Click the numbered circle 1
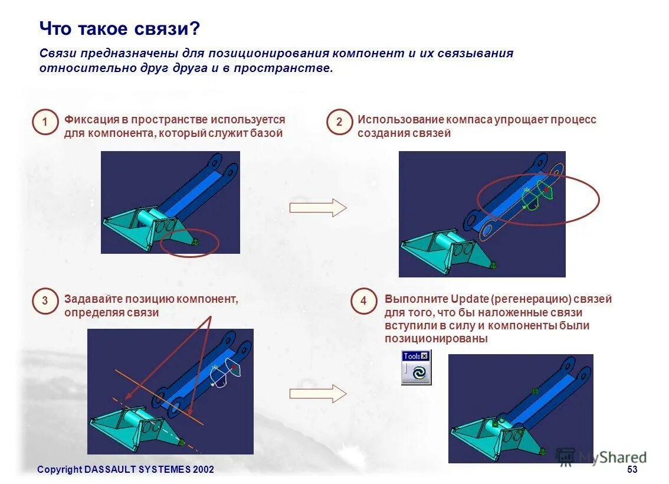tap(45, 122)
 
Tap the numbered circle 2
tap(339, 122)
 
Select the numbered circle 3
tap(45, 301)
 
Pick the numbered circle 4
tap(363, 301)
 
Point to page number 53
tap(632, 469)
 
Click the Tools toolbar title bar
tap(412, 356)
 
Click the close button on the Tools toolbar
tap(425, 356)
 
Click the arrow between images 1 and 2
tap(317, 208)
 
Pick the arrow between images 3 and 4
tap(317, 393)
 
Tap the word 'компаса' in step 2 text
tap(468, 120)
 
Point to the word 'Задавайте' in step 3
tap(90, 299)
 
